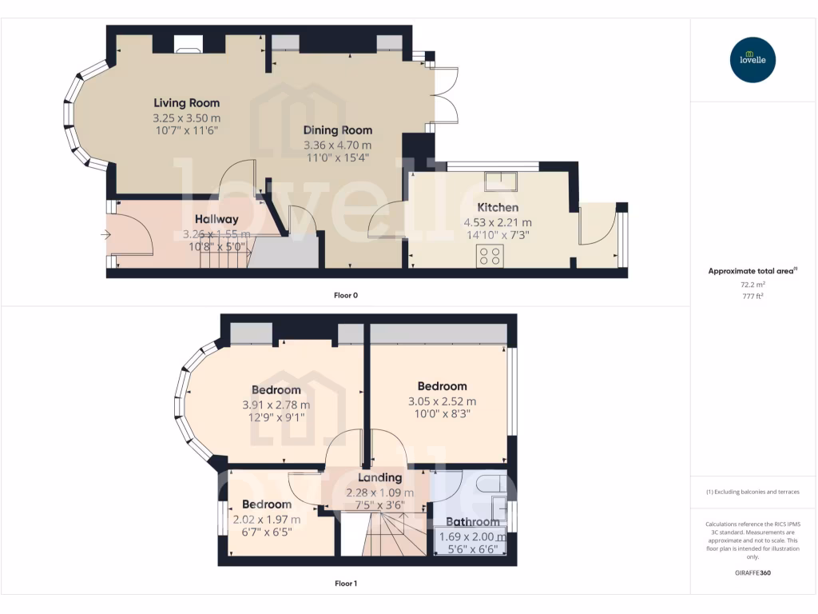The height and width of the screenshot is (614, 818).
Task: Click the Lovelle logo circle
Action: (x=752, y=60)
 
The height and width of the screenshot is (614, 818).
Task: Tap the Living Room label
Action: (x=186, y=103)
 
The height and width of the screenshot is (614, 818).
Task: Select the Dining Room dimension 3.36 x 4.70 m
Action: (x=337, y=145)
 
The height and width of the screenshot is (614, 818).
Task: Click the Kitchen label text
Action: (x=498, y=207)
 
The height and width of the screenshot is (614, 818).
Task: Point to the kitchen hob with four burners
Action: (x=489, y=256)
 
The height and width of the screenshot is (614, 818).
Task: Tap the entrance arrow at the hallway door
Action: (x=106, y=234)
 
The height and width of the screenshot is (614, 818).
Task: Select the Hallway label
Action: (x=216, y=219)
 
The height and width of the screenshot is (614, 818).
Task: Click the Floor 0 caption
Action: (x=345, y=295)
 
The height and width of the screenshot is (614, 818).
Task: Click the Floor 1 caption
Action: (x=345, y=584)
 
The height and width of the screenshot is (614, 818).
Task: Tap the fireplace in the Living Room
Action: (x=189, y=49)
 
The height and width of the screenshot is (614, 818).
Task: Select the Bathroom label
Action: (x=472, y=522)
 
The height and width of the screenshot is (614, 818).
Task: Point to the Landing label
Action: (x=379, y=477)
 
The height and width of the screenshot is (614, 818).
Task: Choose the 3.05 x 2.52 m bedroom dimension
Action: (x=442, y=401)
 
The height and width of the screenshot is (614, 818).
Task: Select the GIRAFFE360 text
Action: (x=752, y=572)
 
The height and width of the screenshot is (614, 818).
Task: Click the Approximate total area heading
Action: (x=751, y=271)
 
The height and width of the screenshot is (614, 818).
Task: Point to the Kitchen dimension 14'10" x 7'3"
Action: (x=497, y=235)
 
